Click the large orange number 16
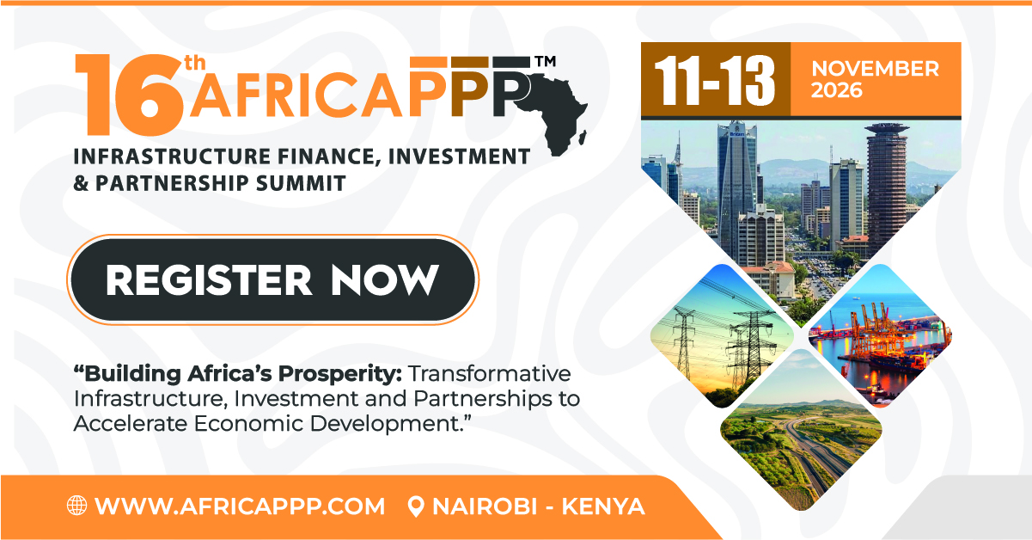(x=129, y=95)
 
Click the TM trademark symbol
(x=545, y=61)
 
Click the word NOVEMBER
(x=875, y=69)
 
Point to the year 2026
(x=836, y=90)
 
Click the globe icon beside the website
(x=77, y=506)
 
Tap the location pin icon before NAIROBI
(x=416, y=506)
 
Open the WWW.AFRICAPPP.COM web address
(x=240, y=506)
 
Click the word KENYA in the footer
(x=602, y=506)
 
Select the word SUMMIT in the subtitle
(x=301, y=183)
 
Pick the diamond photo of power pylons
(x=722, y=336)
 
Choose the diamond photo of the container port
(x=881, y=336)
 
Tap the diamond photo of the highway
(x=801, y=430)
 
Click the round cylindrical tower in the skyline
(x=886, y=185)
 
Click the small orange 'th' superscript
(x=195, y=63)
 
